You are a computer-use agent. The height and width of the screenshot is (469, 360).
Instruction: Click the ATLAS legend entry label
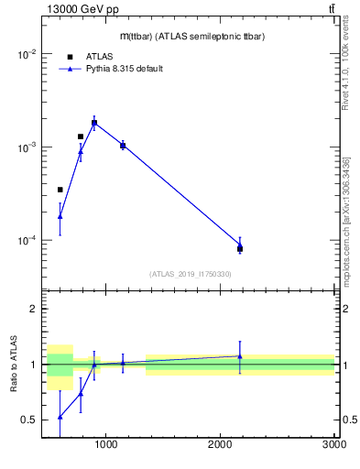pos(100,57)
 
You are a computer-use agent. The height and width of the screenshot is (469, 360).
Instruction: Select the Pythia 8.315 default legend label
pos(125,69)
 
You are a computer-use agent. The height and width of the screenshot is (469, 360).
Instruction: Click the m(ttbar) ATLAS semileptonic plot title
pos(191,37)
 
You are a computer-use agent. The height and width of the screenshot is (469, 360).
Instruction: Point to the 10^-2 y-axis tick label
pos(24,54)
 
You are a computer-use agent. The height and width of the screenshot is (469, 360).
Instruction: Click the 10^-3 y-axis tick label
pos(24,147)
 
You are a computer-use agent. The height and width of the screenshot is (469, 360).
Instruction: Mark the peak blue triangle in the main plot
pos(94,123)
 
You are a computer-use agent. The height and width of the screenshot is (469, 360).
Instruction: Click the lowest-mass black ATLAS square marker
pos(60,190)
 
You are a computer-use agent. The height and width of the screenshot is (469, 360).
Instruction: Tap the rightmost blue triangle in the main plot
pos(240,245)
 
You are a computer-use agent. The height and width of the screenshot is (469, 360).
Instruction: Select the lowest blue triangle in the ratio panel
pos(60,417)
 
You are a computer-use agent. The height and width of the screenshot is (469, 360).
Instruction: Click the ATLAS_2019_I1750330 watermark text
pos(191,274)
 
